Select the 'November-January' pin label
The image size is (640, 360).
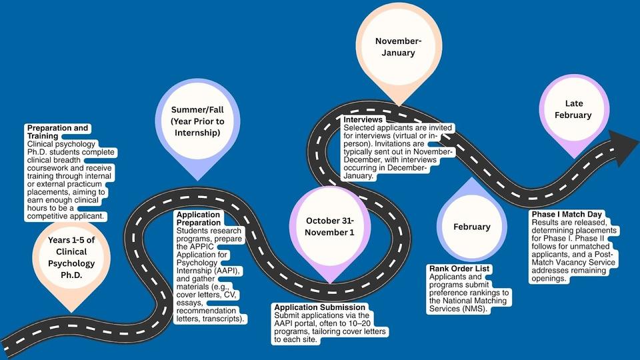(399, 47)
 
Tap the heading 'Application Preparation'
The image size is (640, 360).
(199, 219)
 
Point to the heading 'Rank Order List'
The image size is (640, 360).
(459, 269)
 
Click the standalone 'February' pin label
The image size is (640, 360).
(471, 227)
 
